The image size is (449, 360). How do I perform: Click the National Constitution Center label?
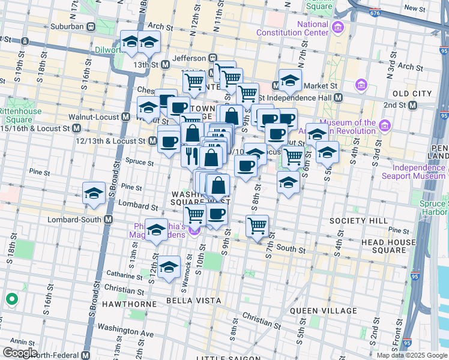point(312,28)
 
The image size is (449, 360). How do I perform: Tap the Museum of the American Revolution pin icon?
point(385,127)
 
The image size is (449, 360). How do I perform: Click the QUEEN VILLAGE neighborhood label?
point(324,311)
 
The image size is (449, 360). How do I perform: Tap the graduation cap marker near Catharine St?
point(169,267)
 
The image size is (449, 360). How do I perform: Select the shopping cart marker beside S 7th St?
point(257,226)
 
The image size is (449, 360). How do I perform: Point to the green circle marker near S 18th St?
point(11,298)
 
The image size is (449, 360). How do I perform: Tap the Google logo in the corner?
point(20,353)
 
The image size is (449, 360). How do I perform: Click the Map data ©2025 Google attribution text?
point(412,355)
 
